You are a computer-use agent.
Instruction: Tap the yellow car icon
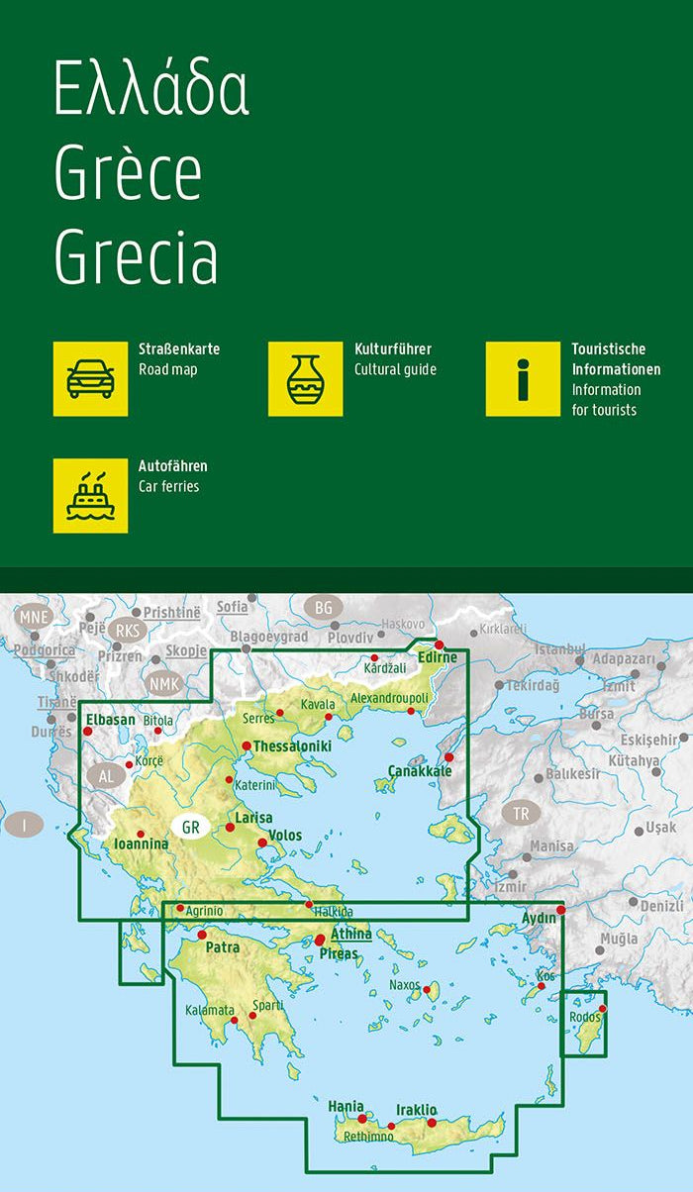(90, 379)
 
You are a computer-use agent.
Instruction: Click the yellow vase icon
(305, 379)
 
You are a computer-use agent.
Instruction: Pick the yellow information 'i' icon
(523, 379)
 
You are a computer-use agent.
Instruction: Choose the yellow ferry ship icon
(90, 495)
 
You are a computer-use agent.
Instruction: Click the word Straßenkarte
(179, 349)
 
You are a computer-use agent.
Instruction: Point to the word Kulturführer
(393, 349)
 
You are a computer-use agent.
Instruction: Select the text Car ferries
(169, 486)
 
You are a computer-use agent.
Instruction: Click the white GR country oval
(189, 826)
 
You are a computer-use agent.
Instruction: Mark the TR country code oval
(521, 814)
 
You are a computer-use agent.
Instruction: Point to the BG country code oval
(323, 607)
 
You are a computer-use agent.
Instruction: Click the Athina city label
(351, 934)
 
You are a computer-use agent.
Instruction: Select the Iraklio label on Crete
(416, 1110)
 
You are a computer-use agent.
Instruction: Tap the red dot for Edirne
(440, 645)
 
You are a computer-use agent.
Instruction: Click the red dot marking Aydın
(560, 909)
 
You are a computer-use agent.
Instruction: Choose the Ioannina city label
(142, 844)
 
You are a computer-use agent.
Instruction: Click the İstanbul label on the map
(560, 649)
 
